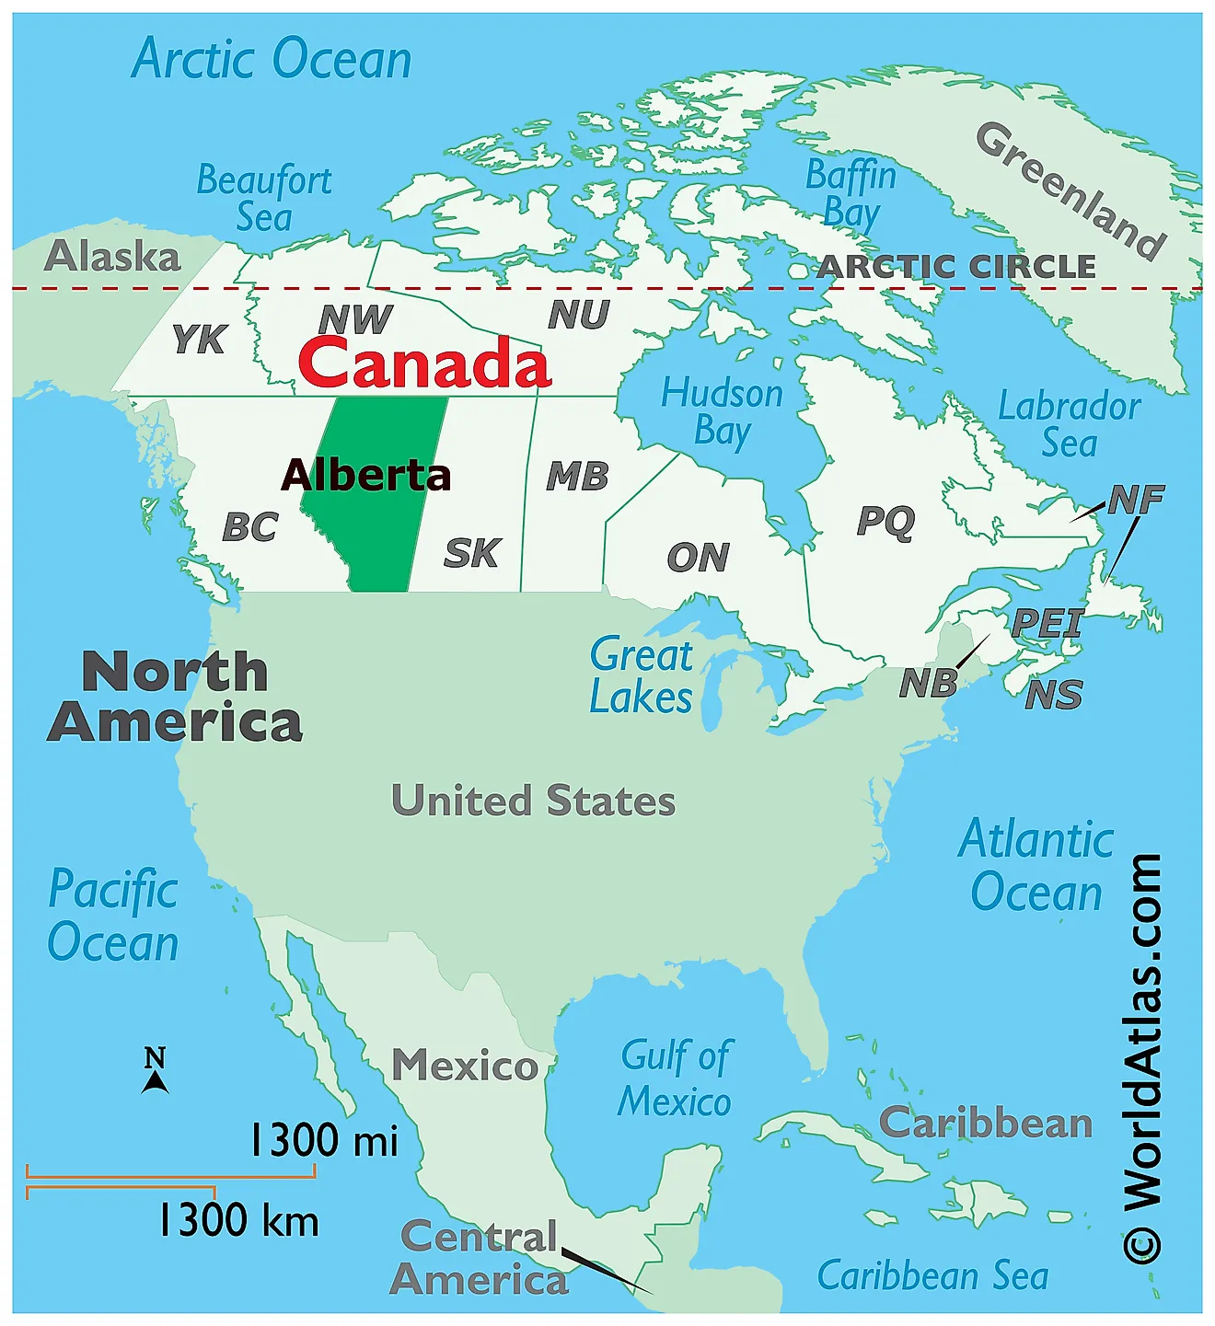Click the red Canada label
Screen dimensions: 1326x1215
tap(424, 363)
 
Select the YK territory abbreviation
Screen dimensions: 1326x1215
tap(199, 340)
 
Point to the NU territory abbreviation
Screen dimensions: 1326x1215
tap(579, 316)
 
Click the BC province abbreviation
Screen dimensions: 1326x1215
tap(249, 527)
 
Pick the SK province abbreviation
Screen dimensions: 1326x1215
tap(471, 553)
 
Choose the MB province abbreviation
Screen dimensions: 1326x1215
tap(577, 477)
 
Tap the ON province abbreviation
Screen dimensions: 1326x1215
tap(698, 557)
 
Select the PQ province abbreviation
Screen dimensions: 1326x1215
tap(885, 521)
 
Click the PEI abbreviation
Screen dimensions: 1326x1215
tap(1047, 623)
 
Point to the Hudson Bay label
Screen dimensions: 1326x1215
tap(723, 411)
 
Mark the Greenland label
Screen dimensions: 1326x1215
tap(1070, 190)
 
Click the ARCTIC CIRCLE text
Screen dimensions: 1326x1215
tap(956, 267)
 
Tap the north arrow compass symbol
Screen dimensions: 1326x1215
tap(156, 1070)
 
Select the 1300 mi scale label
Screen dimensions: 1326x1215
tap(324, 1140)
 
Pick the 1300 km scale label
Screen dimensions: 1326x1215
tap(238, 1221)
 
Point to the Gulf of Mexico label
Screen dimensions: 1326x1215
tap(676, 1078)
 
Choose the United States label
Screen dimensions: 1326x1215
tap(533, 801)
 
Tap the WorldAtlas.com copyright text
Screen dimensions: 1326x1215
tap(1142, 1058)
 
